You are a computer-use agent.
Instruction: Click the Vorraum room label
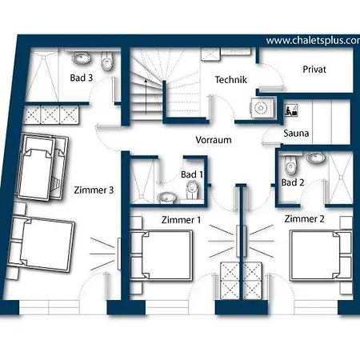(x=214, y=140)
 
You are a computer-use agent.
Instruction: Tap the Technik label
(x=231, y=80)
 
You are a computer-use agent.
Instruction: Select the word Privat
(x=314, y=70)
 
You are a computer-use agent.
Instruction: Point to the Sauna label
(x=296, y=133)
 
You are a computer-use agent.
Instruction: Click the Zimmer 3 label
(x=94, y=190)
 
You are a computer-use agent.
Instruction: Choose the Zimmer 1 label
(x=181, y=220)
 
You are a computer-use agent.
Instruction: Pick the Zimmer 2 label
(x=304, y=219)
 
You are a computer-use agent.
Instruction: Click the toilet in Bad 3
(x=107, y=61)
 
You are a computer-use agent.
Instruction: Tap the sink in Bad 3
(x=82, y=58)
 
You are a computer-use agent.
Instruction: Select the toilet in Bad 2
(x=290, y=164)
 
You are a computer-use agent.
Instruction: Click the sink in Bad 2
(x=315, y=158)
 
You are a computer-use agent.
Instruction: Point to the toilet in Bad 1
(x=192, y=190)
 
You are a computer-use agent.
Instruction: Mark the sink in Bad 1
(x=166, y=198)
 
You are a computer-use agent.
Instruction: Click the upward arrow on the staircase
(x=146, y=97)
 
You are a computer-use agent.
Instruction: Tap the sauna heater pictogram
(x=291, y=110)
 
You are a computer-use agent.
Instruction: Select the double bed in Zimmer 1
(x=162, y=255)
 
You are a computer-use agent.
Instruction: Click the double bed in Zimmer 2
(x=322, y=255)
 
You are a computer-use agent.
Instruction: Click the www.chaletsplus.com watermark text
(x=313, y=41)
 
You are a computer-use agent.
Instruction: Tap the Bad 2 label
(x=293, y=182)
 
